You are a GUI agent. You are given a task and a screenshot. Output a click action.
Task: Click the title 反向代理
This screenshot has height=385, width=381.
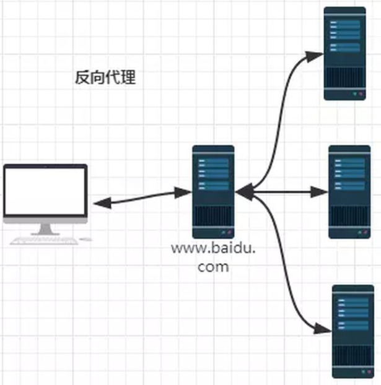(105, 77)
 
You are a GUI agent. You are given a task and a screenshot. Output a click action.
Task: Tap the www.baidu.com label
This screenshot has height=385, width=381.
(213, 257)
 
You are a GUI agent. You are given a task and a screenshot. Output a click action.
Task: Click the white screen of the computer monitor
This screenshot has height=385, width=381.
(45, 191)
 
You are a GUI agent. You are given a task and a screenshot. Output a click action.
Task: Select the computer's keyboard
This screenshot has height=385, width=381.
(44, 241)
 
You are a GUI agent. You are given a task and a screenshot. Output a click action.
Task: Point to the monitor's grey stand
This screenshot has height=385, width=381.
(45, 230)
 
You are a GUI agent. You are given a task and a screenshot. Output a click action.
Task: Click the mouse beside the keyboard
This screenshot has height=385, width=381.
(85, 239)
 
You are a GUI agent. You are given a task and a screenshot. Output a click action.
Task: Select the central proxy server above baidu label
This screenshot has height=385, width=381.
(213, 192)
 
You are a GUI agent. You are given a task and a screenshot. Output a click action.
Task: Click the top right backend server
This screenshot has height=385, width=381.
(344, 53)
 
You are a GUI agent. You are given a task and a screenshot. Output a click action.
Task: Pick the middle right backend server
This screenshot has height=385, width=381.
(349, 192)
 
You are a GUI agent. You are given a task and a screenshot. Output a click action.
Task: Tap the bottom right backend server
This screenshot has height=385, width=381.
(353, 332)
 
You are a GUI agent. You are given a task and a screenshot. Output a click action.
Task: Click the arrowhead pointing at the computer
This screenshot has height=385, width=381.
(102, 203)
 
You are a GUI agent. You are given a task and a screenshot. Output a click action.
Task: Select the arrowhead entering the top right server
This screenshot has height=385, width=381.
(314, 56)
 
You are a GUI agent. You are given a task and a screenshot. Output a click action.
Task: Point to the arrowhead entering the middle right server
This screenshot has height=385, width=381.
(319, 192)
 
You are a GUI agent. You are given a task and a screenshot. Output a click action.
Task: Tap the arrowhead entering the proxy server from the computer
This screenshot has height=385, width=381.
(183, 192)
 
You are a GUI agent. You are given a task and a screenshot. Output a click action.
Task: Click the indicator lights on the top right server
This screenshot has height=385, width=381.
(357, 93)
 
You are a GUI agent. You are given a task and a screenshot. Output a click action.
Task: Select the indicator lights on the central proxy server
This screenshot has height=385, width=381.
(226, 231)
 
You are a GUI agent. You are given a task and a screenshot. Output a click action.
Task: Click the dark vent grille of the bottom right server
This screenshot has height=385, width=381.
(353, 355)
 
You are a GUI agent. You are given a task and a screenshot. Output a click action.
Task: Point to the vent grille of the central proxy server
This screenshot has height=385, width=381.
(213, 216)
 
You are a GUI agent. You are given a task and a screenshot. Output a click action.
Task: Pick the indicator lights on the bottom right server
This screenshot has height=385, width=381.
(366, 372)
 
